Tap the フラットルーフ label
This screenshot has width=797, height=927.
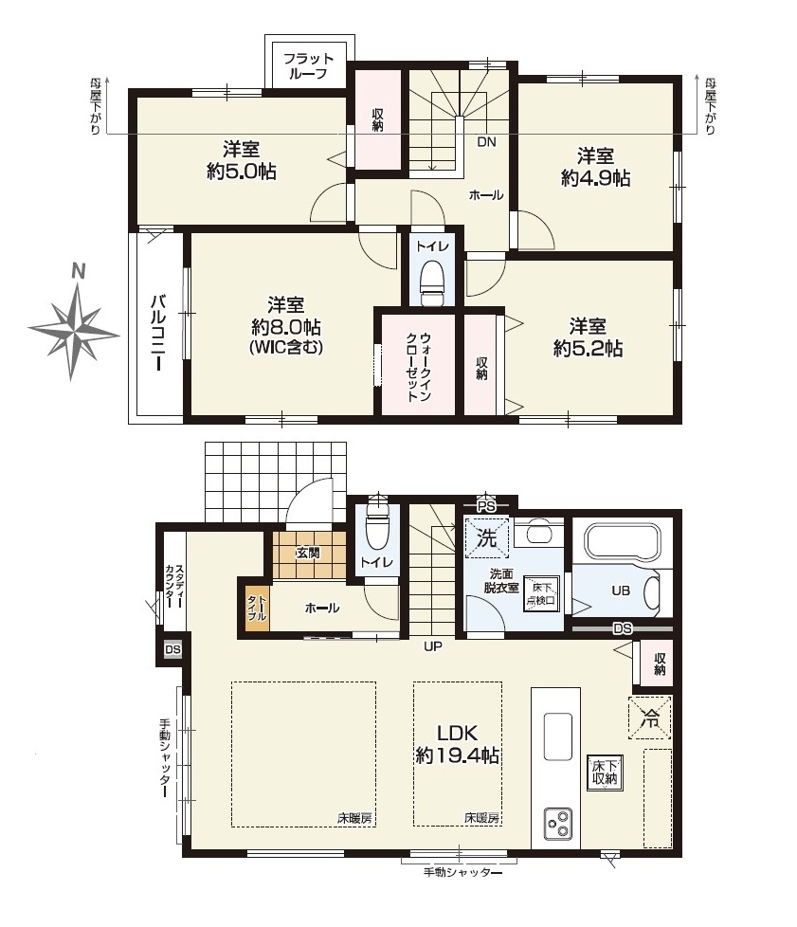click(308, 66)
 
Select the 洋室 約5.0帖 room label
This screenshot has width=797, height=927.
click(242, 160)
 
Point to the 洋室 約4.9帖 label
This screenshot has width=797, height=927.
click(595, 168)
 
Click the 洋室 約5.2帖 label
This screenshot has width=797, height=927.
click(588, 337)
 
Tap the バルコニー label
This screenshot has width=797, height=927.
click(158, 333)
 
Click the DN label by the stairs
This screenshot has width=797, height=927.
click(486, 142)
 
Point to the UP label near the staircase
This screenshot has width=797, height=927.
click(433, 646)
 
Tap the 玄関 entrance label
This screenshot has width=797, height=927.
click(308, 553)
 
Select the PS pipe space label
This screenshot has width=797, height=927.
click(486, 507)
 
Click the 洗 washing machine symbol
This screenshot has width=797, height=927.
click(486, 538)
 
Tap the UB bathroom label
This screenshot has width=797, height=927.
click(621, 590)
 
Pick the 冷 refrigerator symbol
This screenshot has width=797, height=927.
click(650, 718)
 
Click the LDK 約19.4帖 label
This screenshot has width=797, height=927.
click(457, 744)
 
